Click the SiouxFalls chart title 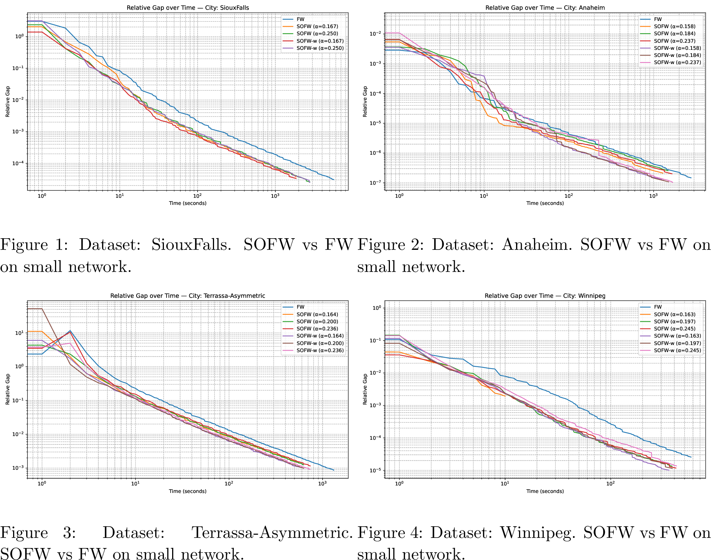click(x=187, y=7)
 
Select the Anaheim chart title click(x=545, y=7)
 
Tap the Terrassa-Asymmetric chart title click(x=187, y=296)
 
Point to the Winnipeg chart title click(x=545, y=296)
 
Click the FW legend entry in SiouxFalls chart click(x=300, y=19)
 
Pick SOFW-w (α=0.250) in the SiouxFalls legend click(x=320, y=48)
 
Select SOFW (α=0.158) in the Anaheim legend click(x=675, y=26)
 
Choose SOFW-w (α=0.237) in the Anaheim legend click(x=677, y=62)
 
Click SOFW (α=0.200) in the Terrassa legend click(x=317, y=321)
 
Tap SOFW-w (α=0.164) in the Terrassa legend click(x=320, y=336)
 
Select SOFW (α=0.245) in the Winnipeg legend click(x=675, y=329)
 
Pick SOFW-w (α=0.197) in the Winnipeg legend click(x=677, y=343)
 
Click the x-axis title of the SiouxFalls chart click(x=187, y=203)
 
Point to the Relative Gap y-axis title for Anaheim click(x=365, y=101)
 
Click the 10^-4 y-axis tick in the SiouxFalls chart click(x=18, y=163)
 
